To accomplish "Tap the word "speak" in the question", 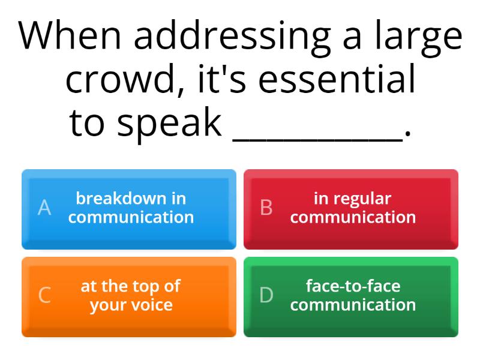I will click(169, 124).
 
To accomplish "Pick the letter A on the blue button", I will click(44, 208).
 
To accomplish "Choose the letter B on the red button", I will click(266, 208).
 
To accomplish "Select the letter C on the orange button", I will click(44, 295).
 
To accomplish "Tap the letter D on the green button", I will click(266, 295).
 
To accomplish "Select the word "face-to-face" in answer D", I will click(353, 286).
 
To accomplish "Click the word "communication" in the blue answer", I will click(131, 217).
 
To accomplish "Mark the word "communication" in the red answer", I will click(353, 217).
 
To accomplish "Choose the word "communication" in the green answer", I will click(353, 305).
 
